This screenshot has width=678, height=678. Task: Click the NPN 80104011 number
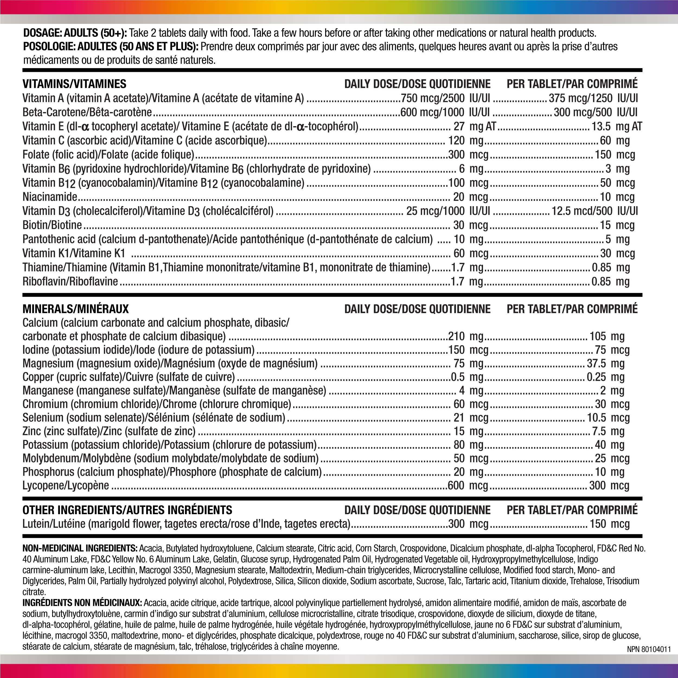(648, 649)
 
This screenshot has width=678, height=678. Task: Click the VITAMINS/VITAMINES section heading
(74, 84)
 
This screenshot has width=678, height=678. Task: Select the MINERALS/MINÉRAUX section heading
(75, 309)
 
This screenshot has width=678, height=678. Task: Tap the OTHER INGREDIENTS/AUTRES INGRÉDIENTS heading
(127, 510)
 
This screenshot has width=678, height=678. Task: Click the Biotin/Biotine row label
(52, 225)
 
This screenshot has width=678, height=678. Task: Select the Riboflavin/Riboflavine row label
(70, 282)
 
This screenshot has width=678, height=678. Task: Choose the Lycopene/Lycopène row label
(66, 486)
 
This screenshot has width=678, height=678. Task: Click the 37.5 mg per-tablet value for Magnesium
(606, 364)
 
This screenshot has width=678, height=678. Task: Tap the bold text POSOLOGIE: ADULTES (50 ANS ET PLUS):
(111, 47)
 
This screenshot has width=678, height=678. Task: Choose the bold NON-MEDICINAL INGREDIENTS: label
(80, 548)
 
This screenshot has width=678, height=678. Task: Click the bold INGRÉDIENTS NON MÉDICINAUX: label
(82, 603)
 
